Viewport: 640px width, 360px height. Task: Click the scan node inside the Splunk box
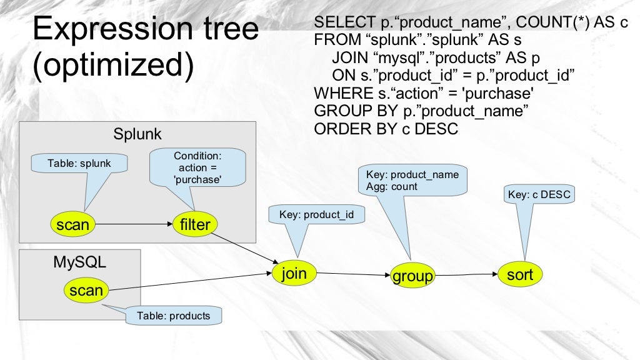[x=72, y=224]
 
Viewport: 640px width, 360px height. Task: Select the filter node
[x=195, y=224]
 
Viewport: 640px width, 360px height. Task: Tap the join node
[x=294, y=273]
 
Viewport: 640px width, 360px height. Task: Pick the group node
[x=412, y=276]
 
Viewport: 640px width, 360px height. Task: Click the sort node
[x=520, y=274]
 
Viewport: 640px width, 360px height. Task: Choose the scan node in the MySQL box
[x=86, y=290]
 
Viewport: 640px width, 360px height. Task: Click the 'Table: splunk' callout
[x=79, y=164]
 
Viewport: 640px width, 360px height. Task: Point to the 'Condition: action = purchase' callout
[x=197, y=167]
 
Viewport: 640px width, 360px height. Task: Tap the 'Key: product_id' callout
[x=317, y=215]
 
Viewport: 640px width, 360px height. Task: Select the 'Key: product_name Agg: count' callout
[x=412, y=181]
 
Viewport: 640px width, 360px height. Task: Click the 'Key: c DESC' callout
[x=539, y=195]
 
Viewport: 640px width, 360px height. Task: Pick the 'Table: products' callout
[x=174, y=316]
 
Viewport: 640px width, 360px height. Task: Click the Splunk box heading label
[x=137, y=134]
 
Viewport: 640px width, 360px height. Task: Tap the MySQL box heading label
[x=79, y=262]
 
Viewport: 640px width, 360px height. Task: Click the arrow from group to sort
[x=466, y=274]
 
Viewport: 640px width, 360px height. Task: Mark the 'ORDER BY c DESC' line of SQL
[x=386, y=129]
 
